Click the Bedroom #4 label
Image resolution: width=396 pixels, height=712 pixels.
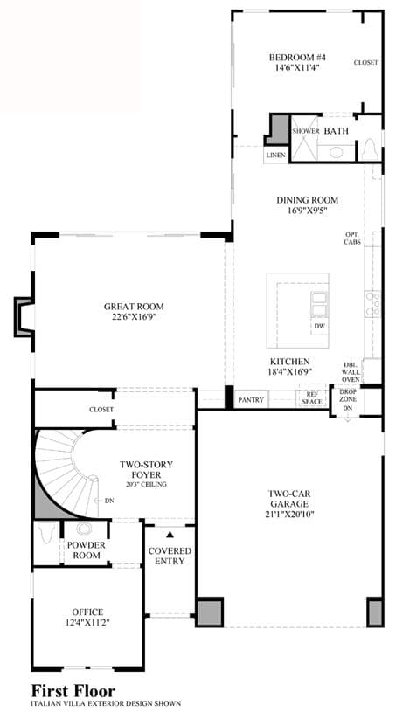[x=297, y=58]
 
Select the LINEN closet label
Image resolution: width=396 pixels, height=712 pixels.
[x=276, y=156]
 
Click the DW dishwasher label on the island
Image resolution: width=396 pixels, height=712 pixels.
[x=319, y=326]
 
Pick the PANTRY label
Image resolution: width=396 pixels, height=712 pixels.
[x=251, y=400]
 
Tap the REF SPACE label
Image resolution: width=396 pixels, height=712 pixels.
[x=312, y=398]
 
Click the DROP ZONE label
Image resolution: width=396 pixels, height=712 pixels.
[x=348, y=395]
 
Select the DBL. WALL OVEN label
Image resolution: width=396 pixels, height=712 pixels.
[x=351, y=372]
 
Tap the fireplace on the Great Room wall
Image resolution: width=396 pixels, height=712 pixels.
[x=24, y=317]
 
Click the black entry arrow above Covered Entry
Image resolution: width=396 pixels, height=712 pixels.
[x=170, y=535]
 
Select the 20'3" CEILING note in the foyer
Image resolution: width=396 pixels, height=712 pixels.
[x=146, y=485]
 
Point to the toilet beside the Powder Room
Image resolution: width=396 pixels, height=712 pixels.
[x=47, y=534]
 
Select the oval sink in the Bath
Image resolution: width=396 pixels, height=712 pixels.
[x=336, y=152]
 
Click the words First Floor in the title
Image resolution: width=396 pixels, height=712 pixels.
[x=73, y=691]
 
